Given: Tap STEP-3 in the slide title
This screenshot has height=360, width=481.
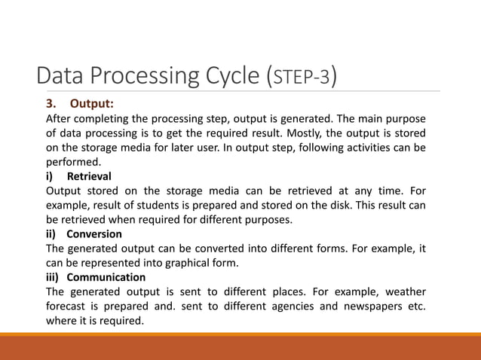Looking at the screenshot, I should point(302,77).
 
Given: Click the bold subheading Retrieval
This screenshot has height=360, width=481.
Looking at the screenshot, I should point(90,176).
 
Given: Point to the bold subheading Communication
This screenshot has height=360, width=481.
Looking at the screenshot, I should point(106,277).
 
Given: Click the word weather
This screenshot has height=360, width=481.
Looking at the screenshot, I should point(406,291).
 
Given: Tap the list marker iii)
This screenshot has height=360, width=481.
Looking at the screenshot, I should point(54,277).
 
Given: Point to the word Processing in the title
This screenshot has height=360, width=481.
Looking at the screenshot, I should point(138,77).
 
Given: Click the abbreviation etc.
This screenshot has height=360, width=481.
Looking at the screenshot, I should point(414,306).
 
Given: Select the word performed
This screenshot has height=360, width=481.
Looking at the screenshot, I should point(73,162).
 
